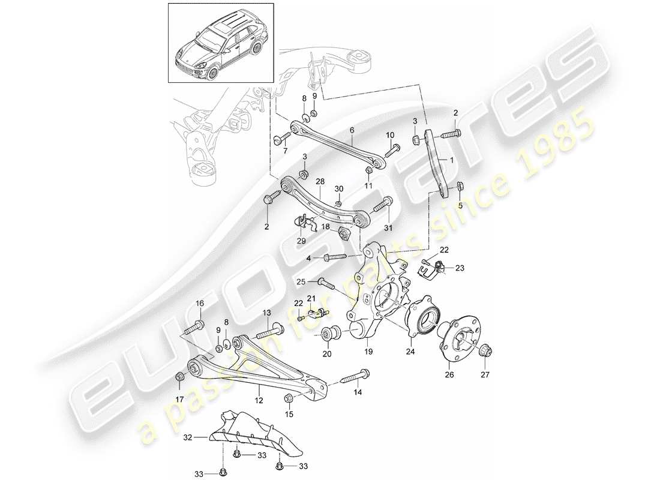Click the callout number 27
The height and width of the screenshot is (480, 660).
484,376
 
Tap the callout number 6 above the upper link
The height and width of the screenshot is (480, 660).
352,130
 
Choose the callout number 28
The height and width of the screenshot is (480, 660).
319,181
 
